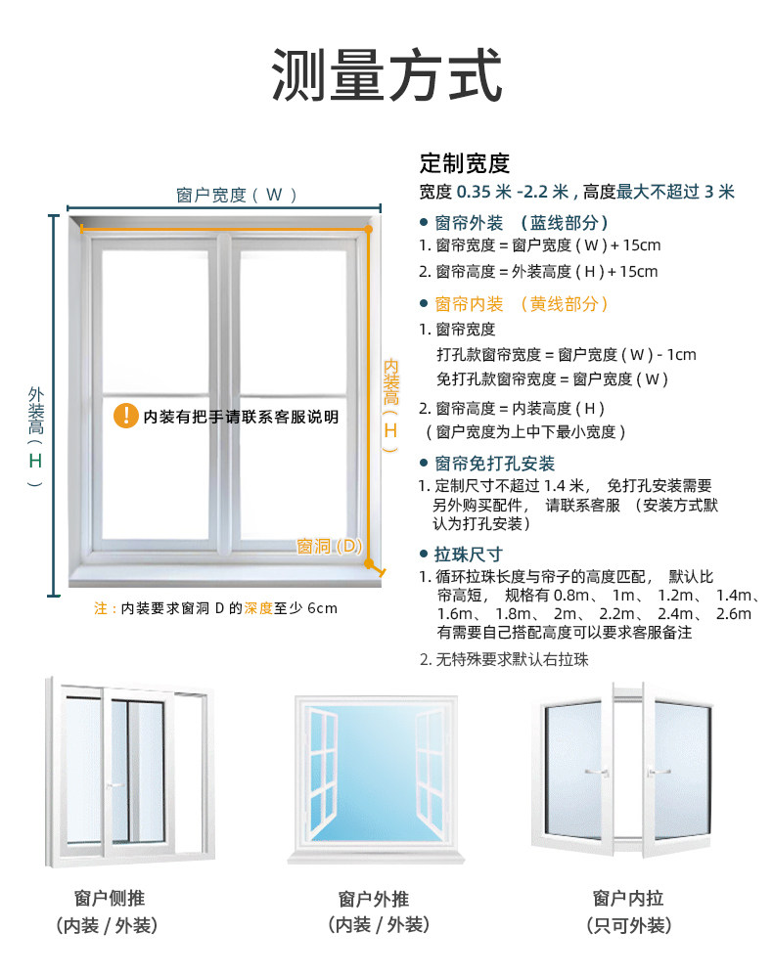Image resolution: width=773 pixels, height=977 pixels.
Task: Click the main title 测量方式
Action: click(x=386, y=75)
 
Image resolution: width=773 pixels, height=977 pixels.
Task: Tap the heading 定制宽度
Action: click(x=465, y=163)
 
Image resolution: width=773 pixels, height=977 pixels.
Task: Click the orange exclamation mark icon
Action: click(x=126, y=416)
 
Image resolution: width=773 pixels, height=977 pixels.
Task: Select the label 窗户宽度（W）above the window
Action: click(x=237, y=195)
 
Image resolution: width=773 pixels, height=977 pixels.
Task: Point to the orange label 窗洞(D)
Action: click(x=330, y=546)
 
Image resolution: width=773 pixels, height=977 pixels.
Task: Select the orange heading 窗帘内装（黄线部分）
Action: click(x=522, y=304)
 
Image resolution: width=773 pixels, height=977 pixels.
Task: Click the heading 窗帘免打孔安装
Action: click(x=494, y=464)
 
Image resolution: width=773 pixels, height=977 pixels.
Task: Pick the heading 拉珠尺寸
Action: click(x=468, y=554)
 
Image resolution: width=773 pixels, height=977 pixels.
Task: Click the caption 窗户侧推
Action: click(x=109, y=898)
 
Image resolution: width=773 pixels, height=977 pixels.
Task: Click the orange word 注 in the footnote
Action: click(x=100, y=608)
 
